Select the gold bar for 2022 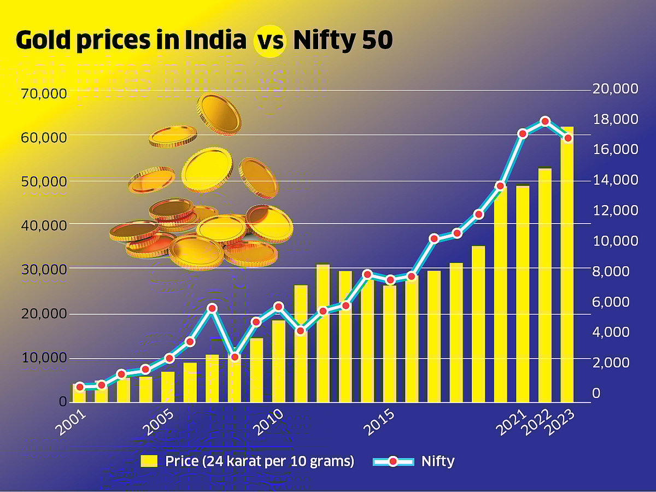(545, 285)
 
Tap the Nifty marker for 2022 (544, 121)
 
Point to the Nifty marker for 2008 (235, 357)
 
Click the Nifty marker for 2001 (79, 387)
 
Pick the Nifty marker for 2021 (523, 133)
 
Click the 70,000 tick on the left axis (43, 93)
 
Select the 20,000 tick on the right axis (615, 89)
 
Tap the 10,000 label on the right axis (615, 241)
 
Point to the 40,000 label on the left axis (43, 225)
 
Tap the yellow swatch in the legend (149, 461)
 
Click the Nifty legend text (438, 461)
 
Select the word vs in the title (270, 41)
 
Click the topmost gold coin (219, 114)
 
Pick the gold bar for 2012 (323, 333)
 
